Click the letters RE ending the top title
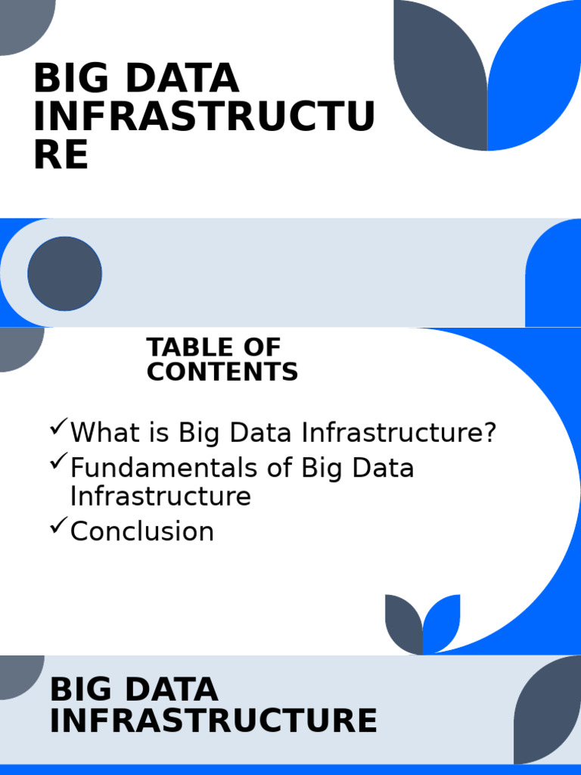coord(61,154)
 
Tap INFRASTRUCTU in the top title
coord(204,117)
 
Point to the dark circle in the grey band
coord(65,273)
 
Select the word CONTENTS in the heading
coord(222,372)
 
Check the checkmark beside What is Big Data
coord(58,428)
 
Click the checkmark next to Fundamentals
coord(58,463)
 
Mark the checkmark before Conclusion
coord(58,527)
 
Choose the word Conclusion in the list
coord(142,531)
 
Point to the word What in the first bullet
coord(102,433)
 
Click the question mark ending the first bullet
coord(489,433)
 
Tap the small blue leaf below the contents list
coord(443,622)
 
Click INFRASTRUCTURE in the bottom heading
coord(213,721)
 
